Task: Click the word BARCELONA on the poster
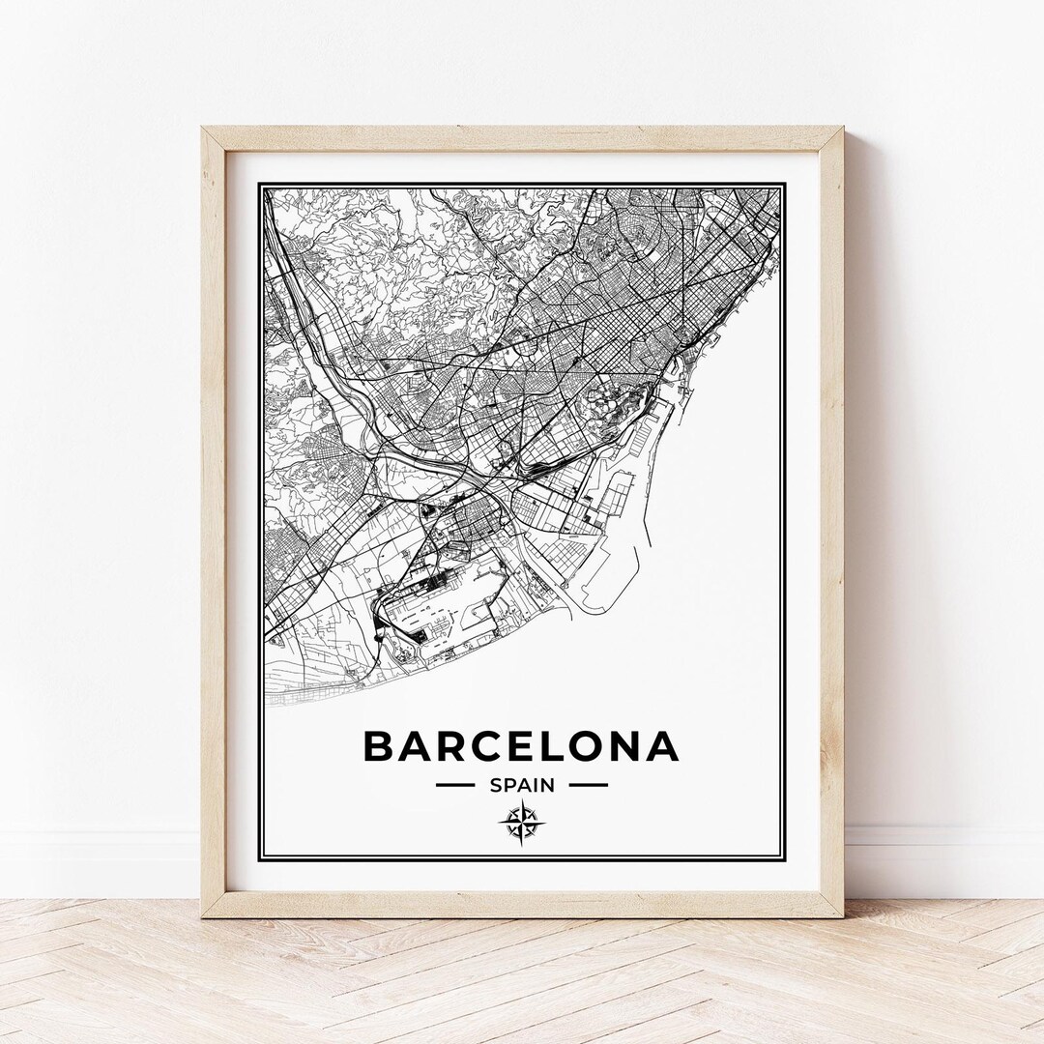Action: [520, 746]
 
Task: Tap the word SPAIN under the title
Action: [522, 785]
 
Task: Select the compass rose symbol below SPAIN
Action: [521, 823]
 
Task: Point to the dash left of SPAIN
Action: [455, 785]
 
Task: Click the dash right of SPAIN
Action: [588, 785]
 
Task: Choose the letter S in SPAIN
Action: [496, 785]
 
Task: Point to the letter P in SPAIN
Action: [509, 785]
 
